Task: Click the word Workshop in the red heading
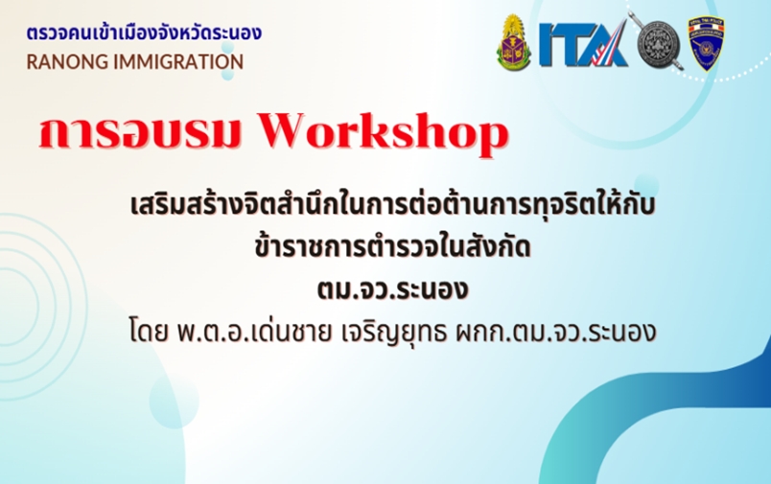(x=383, y=132)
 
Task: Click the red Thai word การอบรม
(x=140, y=132)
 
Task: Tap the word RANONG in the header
(x=67, y=62)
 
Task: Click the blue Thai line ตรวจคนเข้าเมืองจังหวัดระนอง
(x=144, y=34)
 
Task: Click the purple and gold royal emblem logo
(x=514, y=42)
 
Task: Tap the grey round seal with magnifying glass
(x=658, y=44)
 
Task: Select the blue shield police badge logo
(x=706, y=44)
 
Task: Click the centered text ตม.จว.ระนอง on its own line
(x=392, y=289)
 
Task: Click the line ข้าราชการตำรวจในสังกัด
(x=392, y=247)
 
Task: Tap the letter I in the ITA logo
(x=547, y=45)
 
